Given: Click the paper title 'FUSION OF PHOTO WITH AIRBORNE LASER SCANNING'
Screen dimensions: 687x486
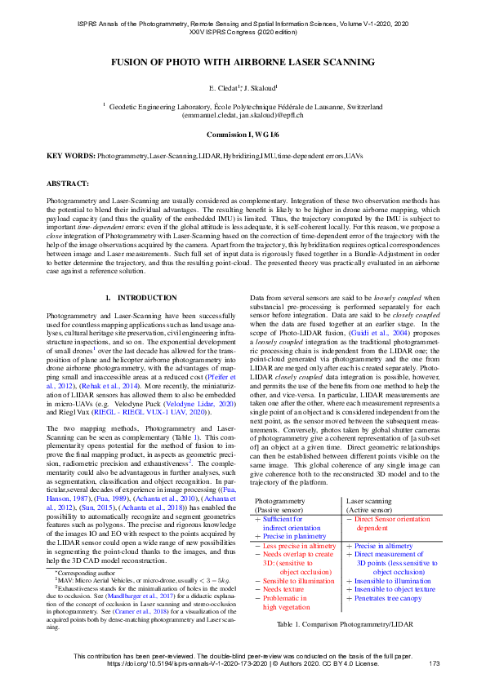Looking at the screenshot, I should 243,62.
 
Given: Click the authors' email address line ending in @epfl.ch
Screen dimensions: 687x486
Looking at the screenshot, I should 243,116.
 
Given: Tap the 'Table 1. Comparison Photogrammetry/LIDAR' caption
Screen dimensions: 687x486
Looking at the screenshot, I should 345,623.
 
